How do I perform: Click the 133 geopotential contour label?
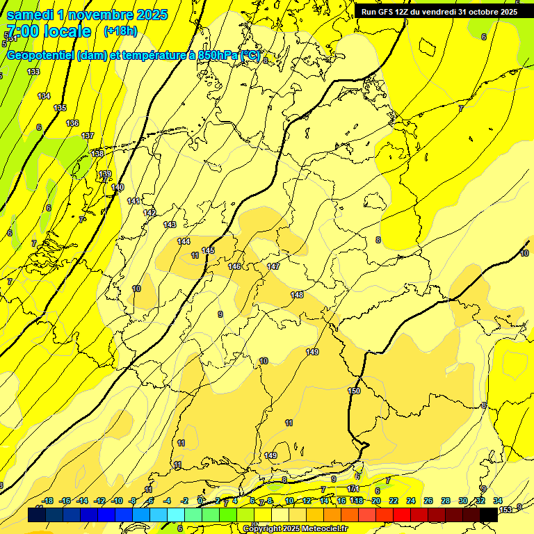coord(33,72)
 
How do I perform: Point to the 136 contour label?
coord(72,123)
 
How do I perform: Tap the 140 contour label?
coord(118,187)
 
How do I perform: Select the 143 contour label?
coord(170,225)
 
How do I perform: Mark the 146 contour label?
coord(235,266)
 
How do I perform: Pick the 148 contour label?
coord(297,295)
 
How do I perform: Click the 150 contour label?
coord(354,391)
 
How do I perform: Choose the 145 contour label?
coord(208,250)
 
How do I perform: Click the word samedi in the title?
coord(29,15)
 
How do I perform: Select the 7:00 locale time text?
coord(49,31)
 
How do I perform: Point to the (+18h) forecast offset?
coord(120,31)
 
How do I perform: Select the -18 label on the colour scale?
coord(48,501)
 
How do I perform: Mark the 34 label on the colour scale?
coord(498,501)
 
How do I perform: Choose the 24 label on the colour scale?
coord(411,501)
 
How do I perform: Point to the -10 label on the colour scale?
coord(118,501)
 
